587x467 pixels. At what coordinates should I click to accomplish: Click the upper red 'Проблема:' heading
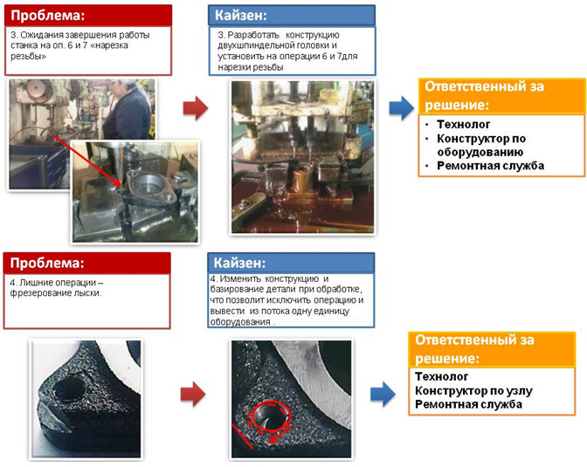point(47,16)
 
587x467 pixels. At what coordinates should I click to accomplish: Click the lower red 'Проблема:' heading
point(47,263)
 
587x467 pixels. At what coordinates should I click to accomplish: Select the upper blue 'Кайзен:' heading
point(241,16)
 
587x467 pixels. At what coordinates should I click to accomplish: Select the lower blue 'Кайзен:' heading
point(239,263)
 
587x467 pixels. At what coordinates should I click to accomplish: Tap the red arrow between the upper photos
point(196,107)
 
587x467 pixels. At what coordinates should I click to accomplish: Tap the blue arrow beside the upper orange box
point(402,107)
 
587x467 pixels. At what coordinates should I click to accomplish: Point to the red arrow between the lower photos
point(193,394)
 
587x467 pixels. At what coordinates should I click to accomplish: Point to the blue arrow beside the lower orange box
point(383,394)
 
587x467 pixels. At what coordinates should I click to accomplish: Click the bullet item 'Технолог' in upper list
point(464,124)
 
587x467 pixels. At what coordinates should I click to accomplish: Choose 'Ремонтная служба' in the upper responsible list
point(490,165)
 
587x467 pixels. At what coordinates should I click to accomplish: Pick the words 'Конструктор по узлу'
point(473,391)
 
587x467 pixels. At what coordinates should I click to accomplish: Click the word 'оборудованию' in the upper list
point(480,152)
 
